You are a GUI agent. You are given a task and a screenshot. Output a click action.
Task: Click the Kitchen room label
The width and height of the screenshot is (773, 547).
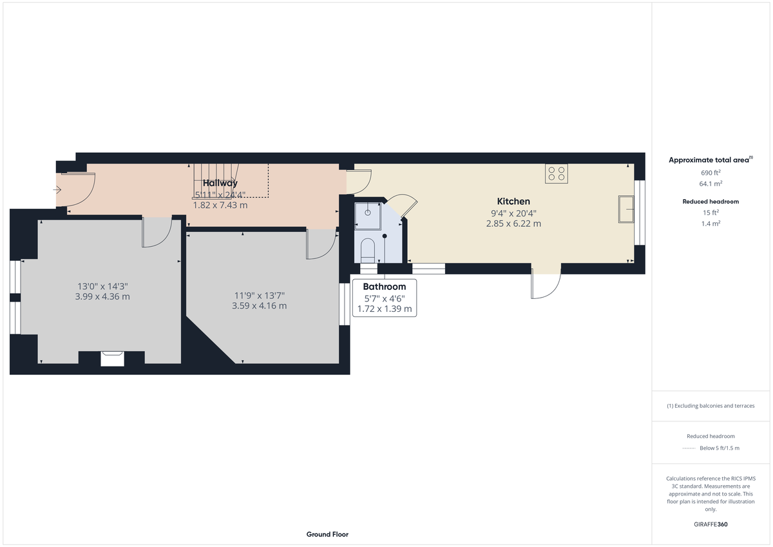pyautogui.click(x=513, y=202)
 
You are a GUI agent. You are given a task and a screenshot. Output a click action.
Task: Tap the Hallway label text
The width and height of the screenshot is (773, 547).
pyautogui.click(x=220, y=183)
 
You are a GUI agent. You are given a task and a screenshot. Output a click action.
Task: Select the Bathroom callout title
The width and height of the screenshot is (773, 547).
pyautogui.click(x=385, y=287)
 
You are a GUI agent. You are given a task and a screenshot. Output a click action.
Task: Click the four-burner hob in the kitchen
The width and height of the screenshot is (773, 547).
pyautogui.click(x=557, y=173)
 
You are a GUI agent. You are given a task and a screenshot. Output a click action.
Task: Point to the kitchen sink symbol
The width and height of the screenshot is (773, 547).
pyautogui.click(x=625, y=209)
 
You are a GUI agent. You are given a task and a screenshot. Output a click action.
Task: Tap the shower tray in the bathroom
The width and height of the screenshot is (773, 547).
pyautogui.click(x=367, y=213)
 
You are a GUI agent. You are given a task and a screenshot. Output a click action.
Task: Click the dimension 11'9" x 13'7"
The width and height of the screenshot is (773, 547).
pyautogui.click(x=259, y=296)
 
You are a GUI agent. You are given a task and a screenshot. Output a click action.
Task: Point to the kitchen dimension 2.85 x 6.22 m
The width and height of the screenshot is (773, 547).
pyautogui.click(x=513, y=224)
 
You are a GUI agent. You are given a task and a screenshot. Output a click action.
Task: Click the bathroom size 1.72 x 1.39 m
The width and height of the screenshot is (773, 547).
pyautogui.click(x=385, y=310)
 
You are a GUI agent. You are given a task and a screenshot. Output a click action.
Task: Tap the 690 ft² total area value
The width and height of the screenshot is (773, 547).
pyautogui.click(x=711, y=173)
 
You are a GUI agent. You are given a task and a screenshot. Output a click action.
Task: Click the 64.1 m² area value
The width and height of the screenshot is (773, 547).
pyautogui.click(x=711, y=184)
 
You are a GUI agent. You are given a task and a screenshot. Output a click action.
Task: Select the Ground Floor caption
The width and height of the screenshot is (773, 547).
pyautogui.click(x=327, y=534)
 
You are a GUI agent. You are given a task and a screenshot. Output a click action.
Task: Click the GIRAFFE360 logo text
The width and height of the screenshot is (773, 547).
pyautogui.click(x=711, y=524)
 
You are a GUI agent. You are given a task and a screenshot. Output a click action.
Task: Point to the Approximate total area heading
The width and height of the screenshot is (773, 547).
pyautogui.click(x=710, y=160)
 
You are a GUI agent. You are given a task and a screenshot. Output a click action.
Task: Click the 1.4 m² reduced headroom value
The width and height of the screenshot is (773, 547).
pyautogui.click(x=711, y=224)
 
